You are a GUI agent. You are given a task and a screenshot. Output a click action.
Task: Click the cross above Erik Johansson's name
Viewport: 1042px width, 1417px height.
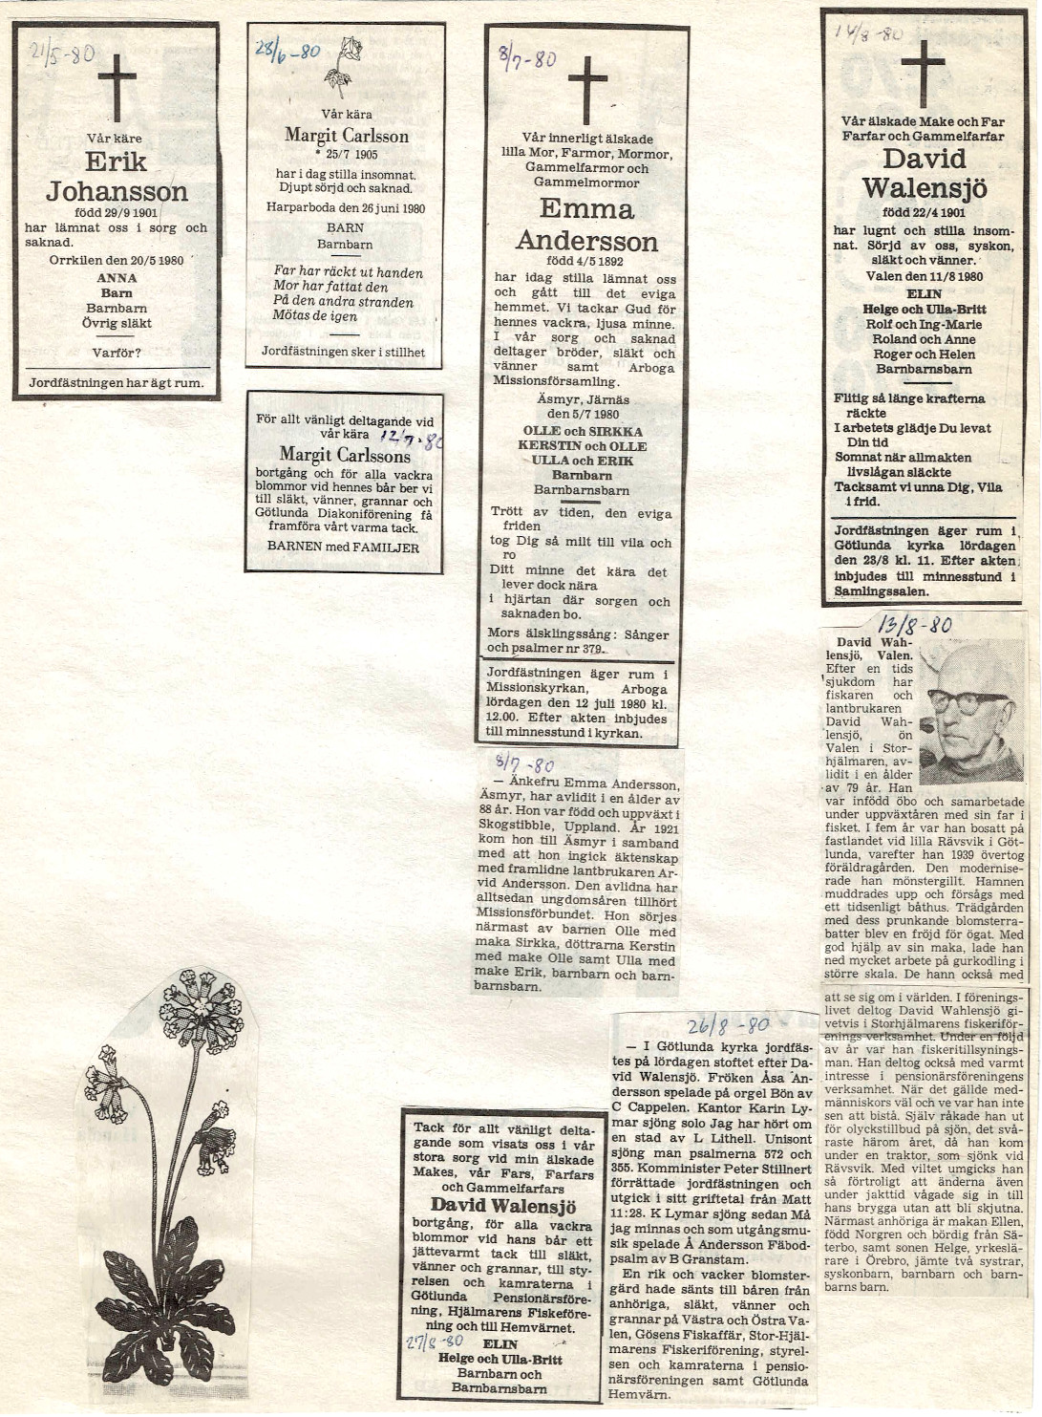tap(117, 87)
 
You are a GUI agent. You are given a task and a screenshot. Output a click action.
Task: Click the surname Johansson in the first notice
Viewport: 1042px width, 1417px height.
tap(117, 192)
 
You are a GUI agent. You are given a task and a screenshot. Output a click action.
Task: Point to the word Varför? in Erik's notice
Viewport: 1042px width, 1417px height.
tap(117, 353)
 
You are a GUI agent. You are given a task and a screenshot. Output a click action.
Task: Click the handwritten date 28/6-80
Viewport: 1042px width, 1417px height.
tap(287, 51)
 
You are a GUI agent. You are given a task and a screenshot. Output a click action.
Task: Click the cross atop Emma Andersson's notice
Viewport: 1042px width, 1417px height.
tap(587, 89)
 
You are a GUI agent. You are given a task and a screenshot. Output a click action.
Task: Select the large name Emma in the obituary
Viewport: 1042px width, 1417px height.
tap(586, 208)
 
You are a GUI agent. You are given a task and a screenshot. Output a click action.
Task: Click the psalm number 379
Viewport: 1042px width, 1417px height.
tap(592, 650)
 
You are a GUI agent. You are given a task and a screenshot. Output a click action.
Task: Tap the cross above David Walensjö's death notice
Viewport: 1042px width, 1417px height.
tap(923, 73)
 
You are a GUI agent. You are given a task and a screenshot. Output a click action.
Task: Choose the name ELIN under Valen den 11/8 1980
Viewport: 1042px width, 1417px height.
tap(924, 294)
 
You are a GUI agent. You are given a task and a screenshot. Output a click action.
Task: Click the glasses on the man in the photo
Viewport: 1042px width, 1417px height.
tap(968, 702)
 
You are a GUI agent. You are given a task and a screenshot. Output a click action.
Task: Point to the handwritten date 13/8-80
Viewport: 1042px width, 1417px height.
tap(914, 625)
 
